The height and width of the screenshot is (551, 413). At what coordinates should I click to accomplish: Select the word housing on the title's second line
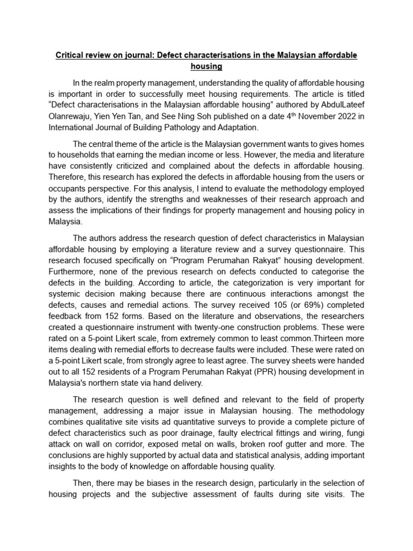[206, 67]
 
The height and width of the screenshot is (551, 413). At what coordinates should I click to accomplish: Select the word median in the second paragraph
[192, 156]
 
